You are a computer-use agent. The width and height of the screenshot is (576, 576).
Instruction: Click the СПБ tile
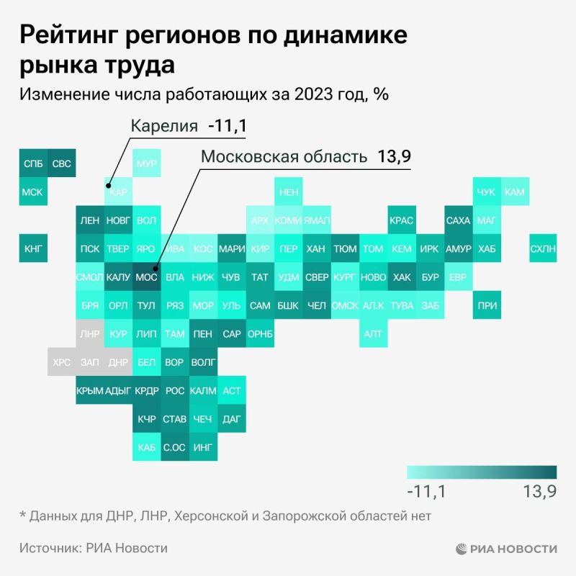[x=33, y=163]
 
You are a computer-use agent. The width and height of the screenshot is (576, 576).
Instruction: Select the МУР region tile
[x=146, y=163]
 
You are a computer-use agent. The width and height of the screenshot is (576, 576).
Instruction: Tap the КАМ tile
[x=515, y=192]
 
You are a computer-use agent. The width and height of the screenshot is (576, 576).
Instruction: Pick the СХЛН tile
[x=543, y=248]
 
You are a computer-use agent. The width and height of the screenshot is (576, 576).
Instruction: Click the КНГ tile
[x=33, y=248]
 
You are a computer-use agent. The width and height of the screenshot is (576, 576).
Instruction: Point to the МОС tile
[x=146, y=276]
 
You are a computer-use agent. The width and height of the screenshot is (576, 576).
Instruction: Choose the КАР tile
[x=118, y=192]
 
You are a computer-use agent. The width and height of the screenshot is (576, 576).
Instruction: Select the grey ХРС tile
[x=62, y=362]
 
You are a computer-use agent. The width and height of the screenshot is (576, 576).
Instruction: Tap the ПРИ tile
[x=487, y=305]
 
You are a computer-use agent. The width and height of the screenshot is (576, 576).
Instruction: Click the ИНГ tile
[x=203, y=447]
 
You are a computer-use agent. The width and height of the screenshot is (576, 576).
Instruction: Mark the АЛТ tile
[x=373, y=333]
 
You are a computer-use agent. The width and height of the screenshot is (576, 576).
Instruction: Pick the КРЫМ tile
[x=90, y=390]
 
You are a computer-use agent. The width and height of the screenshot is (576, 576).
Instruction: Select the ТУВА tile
[x=402, y=305]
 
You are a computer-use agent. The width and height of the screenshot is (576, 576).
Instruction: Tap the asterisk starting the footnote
[x=22, y=515]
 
